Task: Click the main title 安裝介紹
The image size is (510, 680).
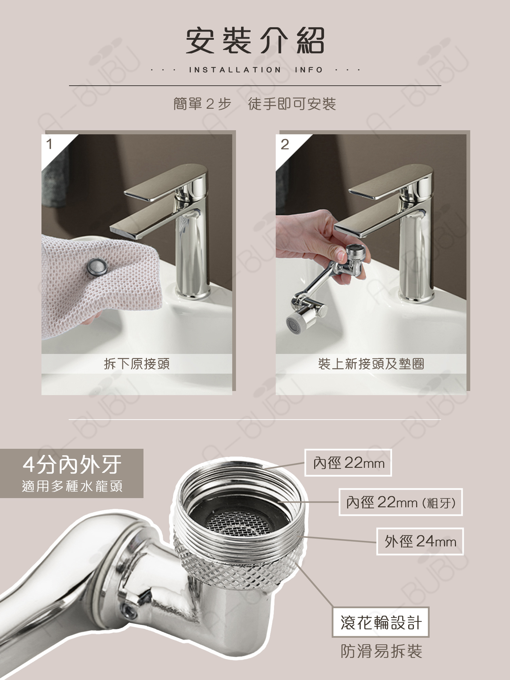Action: tap(255, 41)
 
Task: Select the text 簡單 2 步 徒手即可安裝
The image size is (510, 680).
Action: tap(255, 104)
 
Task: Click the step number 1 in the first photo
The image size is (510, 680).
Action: tap(50, 144)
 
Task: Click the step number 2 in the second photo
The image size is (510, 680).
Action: tap(285, 144)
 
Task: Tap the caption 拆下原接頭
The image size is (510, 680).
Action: tap(137, 364)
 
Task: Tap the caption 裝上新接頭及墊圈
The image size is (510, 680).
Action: tap(371, 364)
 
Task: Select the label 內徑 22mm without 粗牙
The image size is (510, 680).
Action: tap(348, 463)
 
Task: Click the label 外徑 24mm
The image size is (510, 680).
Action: tap(420, 542)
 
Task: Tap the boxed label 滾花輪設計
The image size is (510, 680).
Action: tap(381, 622)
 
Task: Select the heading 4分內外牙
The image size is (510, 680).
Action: tap(72, 464)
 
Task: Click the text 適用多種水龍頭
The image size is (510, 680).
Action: tap(72, 486)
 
